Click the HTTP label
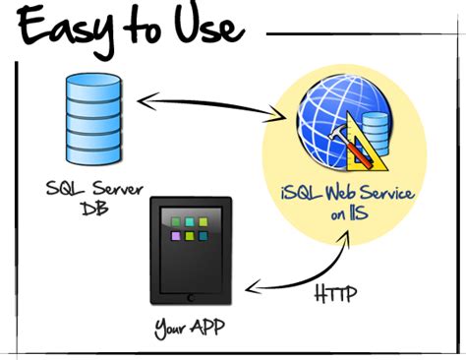(x=338, y=294)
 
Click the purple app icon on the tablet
(x=175, y=237)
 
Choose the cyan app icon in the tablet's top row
(x=191, y=220)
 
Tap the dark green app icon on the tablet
(x=175, y=220)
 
